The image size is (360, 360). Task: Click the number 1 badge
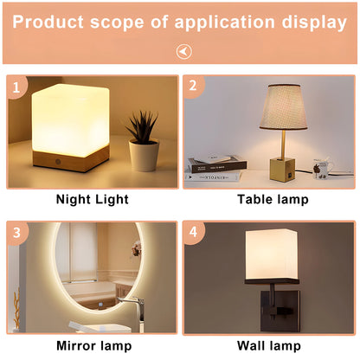click(x=17, y=86)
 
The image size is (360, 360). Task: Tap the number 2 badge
click(x=195, y=86)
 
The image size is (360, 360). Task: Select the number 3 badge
click(x=17, y=233)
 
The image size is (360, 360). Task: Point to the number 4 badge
click(x=195, y=233)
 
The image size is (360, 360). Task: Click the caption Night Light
click(x=92, y=200)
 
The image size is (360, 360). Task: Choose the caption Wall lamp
click(x=269, y=346)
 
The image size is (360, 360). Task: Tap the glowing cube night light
click(x=69, y=116)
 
